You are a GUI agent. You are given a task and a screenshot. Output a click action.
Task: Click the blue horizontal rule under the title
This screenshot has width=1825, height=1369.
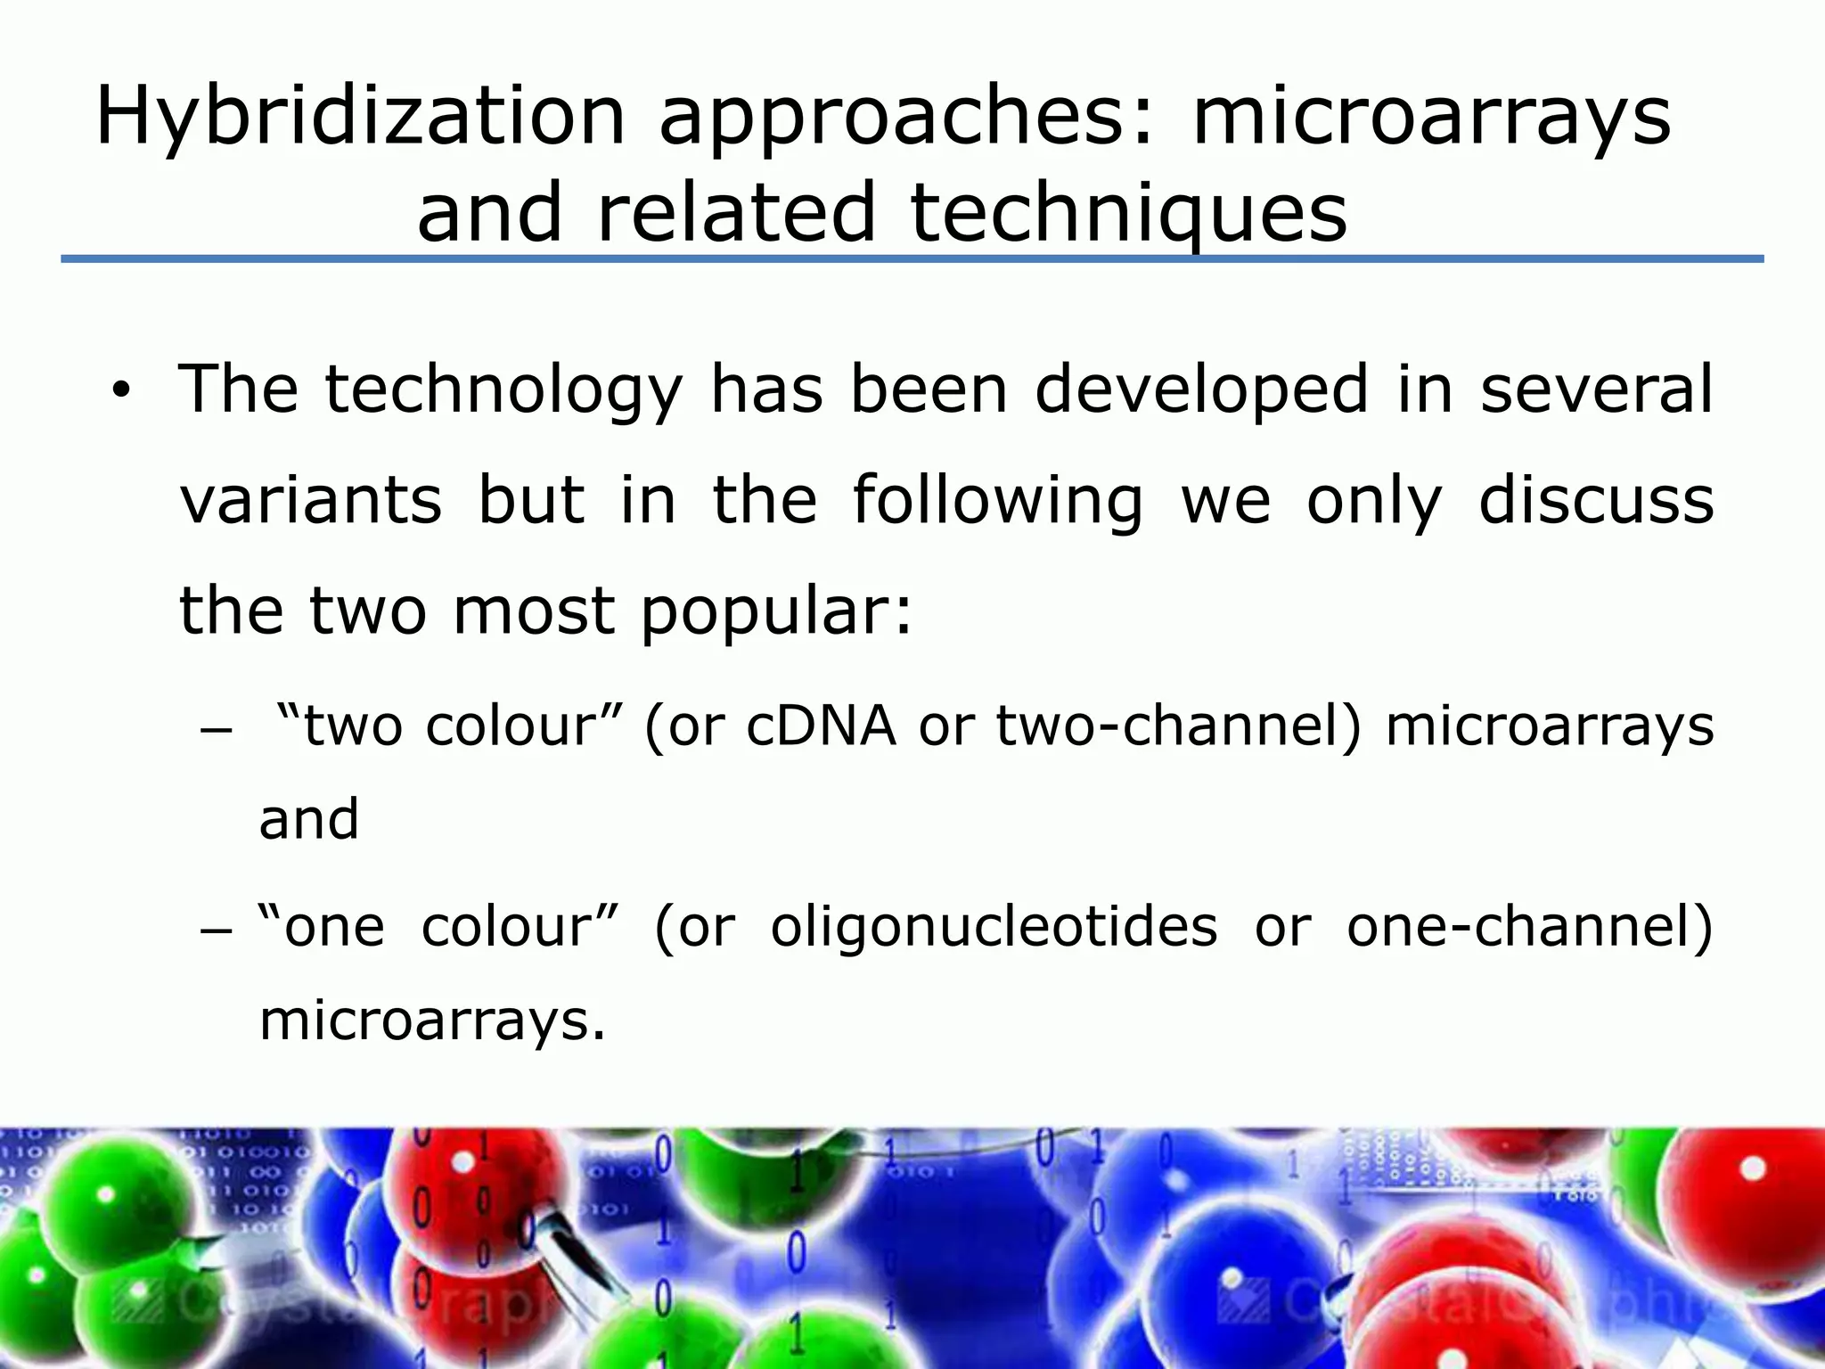coord(912,258)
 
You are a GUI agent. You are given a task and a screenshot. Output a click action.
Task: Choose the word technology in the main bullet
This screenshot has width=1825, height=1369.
coord(503,390)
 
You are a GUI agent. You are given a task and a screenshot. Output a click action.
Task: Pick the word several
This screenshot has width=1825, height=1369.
coord(1596,390)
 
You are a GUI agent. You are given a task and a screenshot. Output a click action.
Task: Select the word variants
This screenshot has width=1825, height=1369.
coord(311,500)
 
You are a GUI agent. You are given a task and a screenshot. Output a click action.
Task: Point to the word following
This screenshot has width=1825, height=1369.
coord(997,502)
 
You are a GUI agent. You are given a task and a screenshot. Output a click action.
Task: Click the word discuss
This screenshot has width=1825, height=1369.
coord(1596,500)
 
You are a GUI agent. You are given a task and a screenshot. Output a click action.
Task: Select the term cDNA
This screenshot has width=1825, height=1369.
coord(821,725)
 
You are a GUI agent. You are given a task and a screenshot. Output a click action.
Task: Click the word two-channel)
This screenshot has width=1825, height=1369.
coord(1179,725)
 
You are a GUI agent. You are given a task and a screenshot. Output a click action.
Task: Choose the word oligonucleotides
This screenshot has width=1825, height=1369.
coord(994,927)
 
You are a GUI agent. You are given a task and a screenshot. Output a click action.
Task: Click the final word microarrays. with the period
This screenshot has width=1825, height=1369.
coord(432,1021)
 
